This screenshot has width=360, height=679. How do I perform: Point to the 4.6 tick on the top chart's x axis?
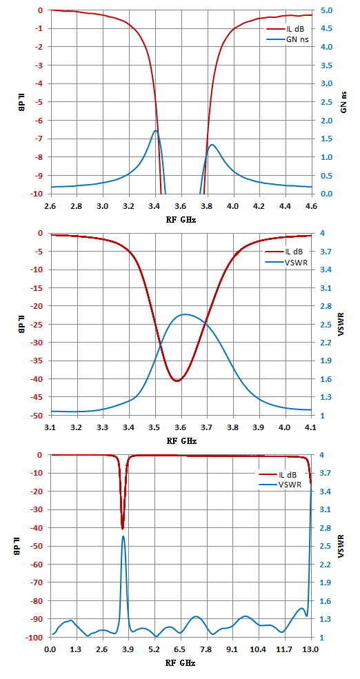click(311, 206)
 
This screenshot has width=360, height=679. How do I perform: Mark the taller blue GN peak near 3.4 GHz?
click(156, 130)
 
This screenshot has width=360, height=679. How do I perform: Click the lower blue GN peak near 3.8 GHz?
click(212, 145)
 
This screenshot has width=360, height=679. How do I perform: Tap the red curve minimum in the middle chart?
click(177, 381)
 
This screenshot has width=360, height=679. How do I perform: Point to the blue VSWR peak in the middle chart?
click(185, 314)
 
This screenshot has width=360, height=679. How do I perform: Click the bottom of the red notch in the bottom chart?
click(123, 528)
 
